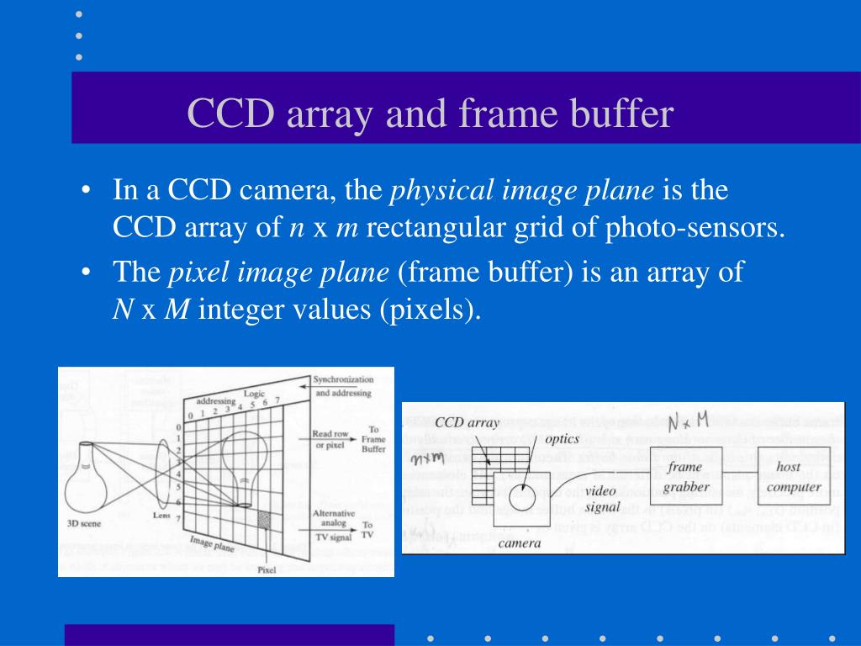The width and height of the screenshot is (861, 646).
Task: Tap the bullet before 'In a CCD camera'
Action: click(87, 191)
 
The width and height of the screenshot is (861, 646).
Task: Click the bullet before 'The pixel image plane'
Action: click(87, 273)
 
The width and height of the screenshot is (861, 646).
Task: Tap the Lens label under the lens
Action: click(162, 515)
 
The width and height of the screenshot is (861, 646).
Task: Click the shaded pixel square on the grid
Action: click(264, 519)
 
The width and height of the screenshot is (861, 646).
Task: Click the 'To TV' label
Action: click(368, 529)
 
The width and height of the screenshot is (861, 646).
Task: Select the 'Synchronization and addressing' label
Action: click(342, 386)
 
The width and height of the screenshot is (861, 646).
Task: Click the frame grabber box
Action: click(685, 477)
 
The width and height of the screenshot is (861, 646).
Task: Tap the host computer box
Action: click(793, 476)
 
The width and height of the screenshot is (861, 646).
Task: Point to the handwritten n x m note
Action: click(427, 458)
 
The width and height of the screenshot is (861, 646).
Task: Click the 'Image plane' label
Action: click(211, 543)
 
